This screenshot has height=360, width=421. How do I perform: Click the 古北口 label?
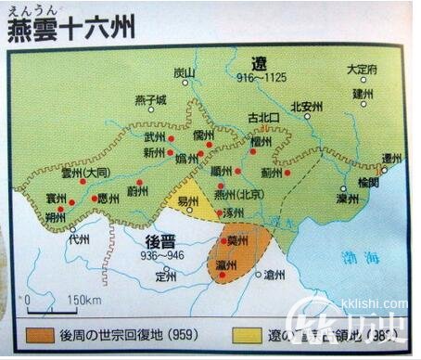pyautogui.click(x=263, y=118)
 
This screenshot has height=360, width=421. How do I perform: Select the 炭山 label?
pyautogui.click(x=185, y=72)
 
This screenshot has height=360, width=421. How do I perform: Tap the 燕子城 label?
pyautogui.click(x=150, y=99)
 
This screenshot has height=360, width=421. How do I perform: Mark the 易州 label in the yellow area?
pyautogui.click(x=188, y=201)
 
